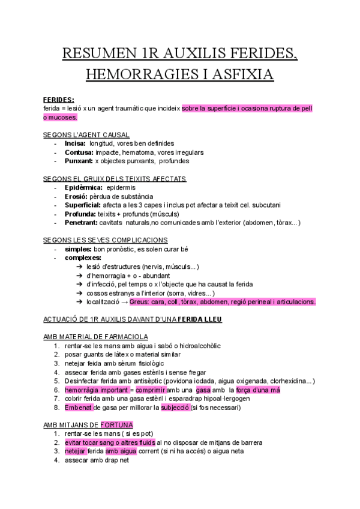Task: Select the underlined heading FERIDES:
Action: pos(59,99)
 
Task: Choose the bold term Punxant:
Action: pos(79,161)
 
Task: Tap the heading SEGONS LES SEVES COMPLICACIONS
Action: pos(106,240)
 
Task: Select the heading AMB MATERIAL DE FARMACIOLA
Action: pos(96,337)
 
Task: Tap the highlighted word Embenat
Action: pos(79,408)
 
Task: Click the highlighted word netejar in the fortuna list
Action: pos(76,451)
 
